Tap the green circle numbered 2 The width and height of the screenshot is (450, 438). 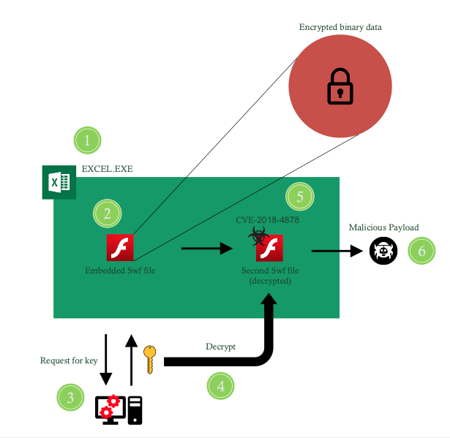[x=107, y=214]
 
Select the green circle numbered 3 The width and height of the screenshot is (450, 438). [x=70, y=398]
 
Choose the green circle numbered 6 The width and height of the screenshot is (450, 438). [x=421, y=251]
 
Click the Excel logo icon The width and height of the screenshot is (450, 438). [x=59, y=181]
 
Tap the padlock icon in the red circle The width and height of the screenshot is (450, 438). [x=340, y=86]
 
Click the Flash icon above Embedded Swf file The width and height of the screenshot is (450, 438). [x=120, y=248]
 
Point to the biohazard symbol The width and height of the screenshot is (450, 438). [x=257, y=234]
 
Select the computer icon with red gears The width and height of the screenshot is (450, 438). [x=119, y=409]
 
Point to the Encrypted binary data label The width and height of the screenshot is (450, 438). [x=340, y=27]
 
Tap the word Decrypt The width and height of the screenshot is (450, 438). [x=220, y=347]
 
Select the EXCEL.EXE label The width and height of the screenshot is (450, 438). [x=107, y=168]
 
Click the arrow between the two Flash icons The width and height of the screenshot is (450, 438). [x=206, y=249]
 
